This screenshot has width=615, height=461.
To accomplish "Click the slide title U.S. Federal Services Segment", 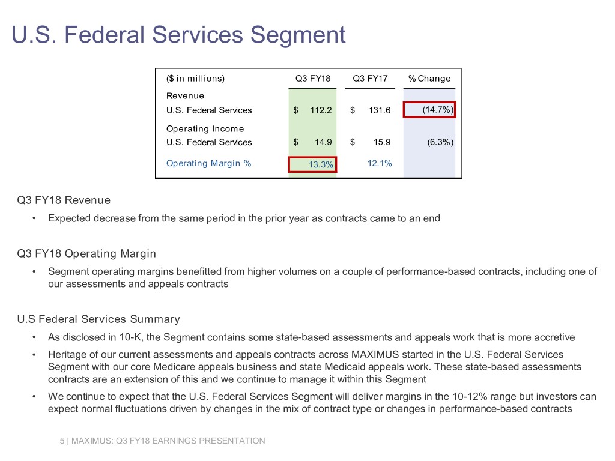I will tap(178, 34).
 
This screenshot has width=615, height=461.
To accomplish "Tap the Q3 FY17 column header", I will tap(370, 78).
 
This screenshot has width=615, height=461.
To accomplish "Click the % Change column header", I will tap(429, 78).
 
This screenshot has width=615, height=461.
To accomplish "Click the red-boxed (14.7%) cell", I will tap(430, 110).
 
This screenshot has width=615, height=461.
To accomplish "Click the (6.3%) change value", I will tap(437, 142).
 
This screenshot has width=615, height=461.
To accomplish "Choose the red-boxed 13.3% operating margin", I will tap(312, 164).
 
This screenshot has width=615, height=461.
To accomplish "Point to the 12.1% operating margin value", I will tap(379, 163).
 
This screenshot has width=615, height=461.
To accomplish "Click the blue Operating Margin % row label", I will tap(208, 163).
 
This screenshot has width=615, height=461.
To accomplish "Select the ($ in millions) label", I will tap(195, 78).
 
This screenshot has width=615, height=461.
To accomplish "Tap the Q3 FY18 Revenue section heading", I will tap(64, 200).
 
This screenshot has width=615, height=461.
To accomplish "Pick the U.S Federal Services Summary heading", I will tap(98, 319).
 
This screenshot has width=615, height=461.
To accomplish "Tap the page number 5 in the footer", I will tap(62, 441).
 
